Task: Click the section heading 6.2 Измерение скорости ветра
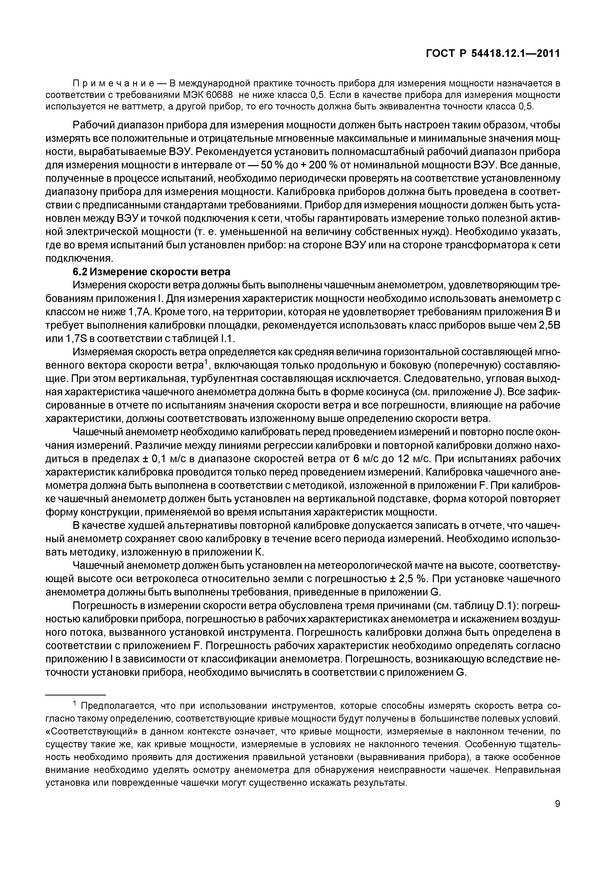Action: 151,272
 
